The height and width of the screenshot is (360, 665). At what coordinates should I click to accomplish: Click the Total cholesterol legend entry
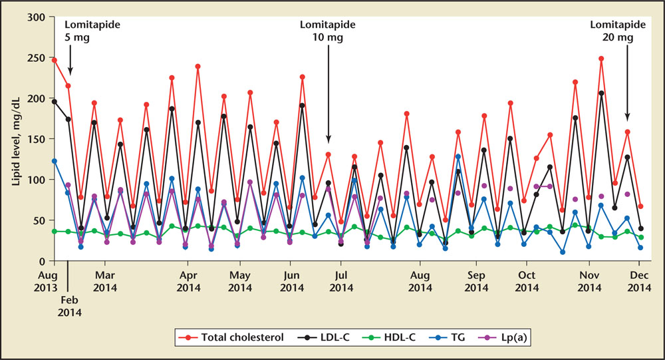click(x=240, y=337)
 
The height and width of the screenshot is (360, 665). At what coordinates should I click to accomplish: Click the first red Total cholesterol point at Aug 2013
click(x=54, y=60)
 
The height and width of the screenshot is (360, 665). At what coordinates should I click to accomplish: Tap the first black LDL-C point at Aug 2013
click(x=54, y=102)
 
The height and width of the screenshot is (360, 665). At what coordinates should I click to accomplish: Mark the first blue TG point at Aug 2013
click(x=54, y=161)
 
